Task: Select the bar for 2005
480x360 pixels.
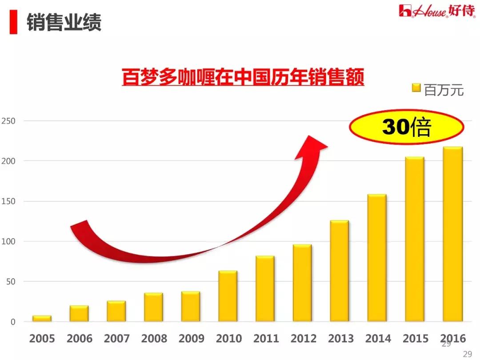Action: [42, 318]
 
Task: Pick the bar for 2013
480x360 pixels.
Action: [340, 271]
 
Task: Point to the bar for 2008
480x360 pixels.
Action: [153, 307]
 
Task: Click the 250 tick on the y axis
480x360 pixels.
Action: [8, 121]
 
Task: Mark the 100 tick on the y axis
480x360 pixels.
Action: [8, 241]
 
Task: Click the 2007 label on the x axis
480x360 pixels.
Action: [116, 339]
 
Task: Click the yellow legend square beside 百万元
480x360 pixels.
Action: [416, 88]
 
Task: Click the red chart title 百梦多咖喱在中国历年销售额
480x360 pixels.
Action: [243, 77]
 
